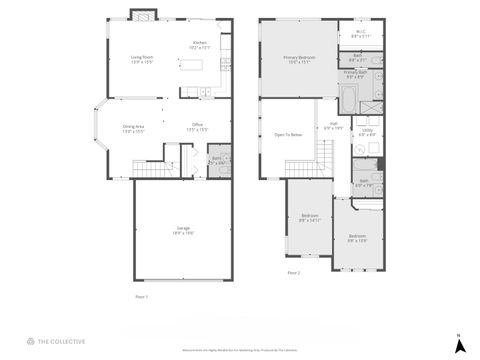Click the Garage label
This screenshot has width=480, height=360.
(x=183, y=229)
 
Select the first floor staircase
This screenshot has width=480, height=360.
(x=148, y=172)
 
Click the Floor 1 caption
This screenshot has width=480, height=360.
(x=141, y=297)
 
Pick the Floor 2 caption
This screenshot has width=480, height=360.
(x=293, y=272)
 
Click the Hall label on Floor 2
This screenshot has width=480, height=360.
(x=332, y=125)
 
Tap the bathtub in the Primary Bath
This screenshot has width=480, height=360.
(x=348, y=98)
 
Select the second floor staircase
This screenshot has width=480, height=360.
(x=327, y=154)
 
